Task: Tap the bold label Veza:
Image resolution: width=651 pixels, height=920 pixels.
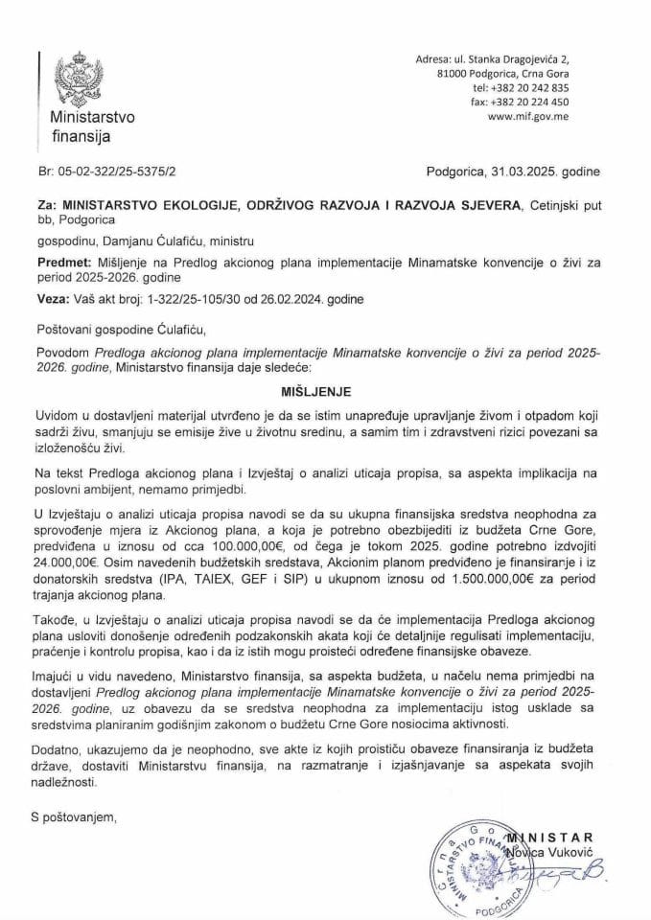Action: pyautogui.click(x=53, y=298)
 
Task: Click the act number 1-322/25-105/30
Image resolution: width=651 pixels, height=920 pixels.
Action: pyautogui.click(x=171, y=298)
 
